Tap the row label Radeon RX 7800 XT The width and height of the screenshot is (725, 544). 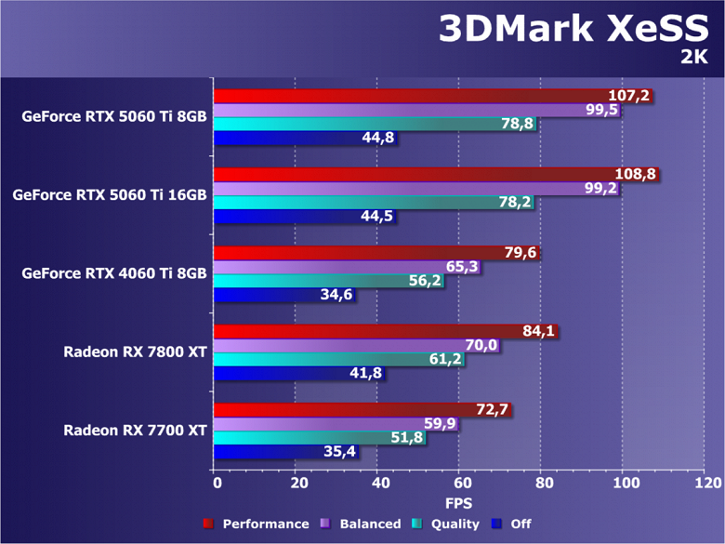[x=136, y=352]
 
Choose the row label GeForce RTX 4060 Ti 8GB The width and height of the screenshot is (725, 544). [x=115, y=273]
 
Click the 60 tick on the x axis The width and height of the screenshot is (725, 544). [x=461, y=484]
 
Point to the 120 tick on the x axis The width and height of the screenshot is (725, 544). [x=706, y=484]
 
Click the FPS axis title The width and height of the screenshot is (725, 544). [x=458, y=503]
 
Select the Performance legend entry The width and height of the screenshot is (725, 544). [x=257, y=524]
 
